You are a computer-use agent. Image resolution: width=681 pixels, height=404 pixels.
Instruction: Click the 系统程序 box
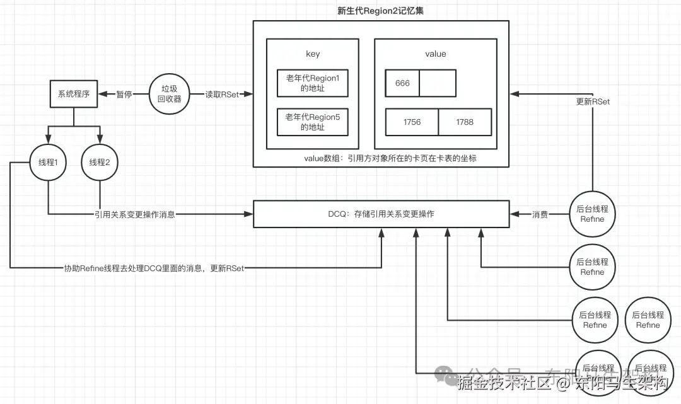74,95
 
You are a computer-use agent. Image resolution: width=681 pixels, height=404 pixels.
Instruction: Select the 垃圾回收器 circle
170,95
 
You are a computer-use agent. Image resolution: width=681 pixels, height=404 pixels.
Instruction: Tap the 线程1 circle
49,163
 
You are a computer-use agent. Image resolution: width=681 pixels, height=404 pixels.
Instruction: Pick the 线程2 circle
100,163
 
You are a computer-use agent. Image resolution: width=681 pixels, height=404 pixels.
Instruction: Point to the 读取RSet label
222,95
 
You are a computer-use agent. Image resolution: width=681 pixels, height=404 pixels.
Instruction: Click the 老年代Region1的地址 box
313,84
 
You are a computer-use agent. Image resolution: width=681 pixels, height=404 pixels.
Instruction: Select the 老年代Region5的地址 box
313,122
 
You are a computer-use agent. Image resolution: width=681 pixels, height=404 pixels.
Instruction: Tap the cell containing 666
403,83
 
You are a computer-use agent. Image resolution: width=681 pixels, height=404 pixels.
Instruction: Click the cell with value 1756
412,122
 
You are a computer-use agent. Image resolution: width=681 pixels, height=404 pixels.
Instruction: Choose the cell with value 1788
465,122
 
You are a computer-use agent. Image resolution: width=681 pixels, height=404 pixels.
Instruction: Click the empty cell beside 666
437,83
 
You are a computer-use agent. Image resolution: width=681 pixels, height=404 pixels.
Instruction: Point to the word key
313,54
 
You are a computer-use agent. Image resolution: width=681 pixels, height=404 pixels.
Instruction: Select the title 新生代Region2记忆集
380,10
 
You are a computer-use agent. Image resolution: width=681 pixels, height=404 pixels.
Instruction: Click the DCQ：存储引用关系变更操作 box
381,214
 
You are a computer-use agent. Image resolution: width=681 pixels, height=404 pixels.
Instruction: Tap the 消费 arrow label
540,214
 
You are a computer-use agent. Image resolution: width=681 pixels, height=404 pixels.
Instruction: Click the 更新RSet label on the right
593,101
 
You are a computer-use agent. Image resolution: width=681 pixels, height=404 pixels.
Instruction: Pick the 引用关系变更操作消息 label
134,214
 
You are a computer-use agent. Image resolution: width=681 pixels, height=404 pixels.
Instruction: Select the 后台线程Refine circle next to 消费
592,214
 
